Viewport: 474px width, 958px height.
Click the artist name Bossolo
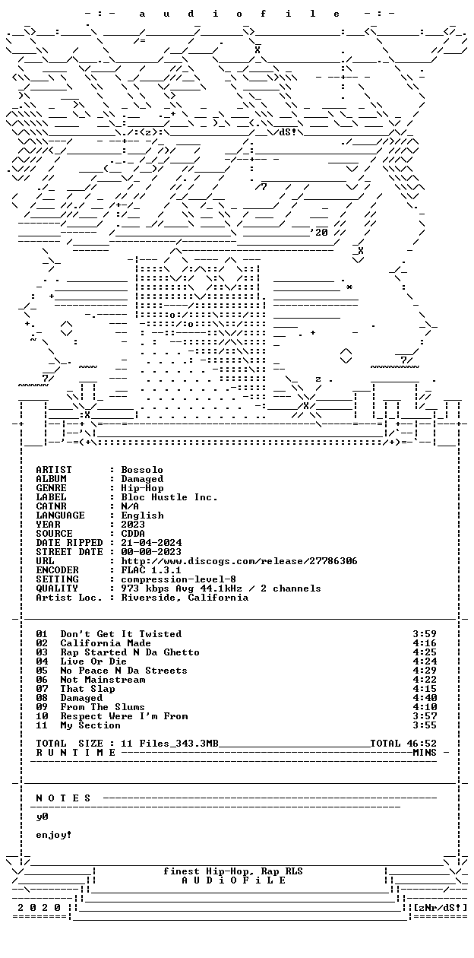(142, 470)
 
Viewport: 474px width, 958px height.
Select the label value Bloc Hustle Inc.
(169, 497)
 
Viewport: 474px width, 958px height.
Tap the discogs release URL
(239, 561)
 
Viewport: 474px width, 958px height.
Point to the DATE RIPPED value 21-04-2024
(151, 543)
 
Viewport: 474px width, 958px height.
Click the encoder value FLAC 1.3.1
(151, 570)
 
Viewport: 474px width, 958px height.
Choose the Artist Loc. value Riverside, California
(185, 598)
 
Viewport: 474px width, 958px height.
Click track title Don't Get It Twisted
(121, 634)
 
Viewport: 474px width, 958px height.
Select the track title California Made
(106, 643)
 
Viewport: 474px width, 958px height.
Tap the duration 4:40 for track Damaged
(425, 698)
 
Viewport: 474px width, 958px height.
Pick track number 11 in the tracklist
(42, 725)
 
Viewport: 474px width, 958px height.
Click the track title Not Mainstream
(103, 680)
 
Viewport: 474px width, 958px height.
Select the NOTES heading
(63, 798)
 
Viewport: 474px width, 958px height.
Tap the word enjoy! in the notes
(53, 835)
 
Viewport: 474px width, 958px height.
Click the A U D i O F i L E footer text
(234, 880)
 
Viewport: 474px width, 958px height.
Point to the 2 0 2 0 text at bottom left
(39, 908)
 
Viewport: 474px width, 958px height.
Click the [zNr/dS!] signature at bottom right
(441, 908)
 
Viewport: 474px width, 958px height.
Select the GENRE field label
(52, 488)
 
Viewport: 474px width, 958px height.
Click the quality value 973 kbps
(145, 588)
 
